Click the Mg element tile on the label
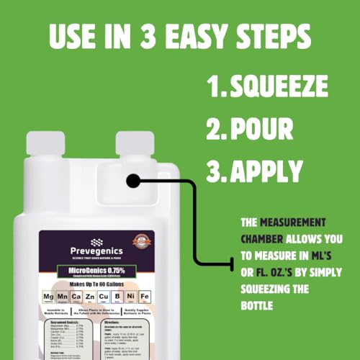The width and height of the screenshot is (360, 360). point(48,296)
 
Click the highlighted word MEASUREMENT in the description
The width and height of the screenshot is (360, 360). point(292,222)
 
